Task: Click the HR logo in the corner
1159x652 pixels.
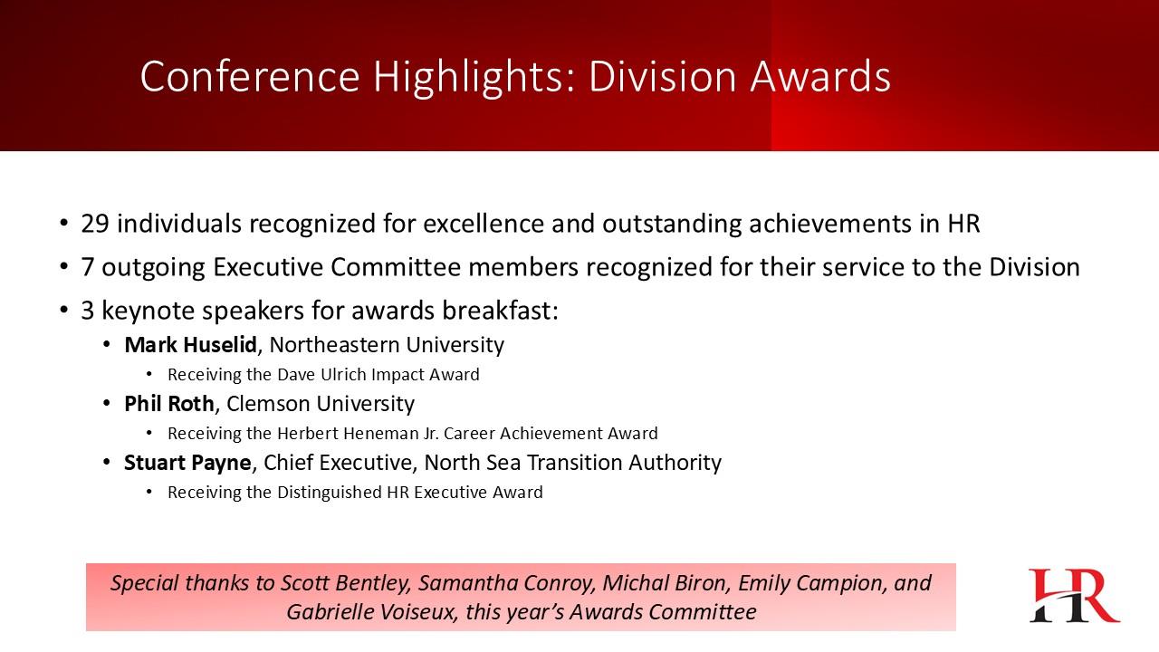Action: tap(1075, 595)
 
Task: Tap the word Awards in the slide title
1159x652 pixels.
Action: tap(820, 77)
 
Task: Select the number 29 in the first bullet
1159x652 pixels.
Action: tap(95, 224)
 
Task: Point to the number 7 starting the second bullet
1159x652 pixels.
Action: tap(87, 267)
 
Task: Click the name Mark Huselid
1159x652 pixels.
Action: tap(190, 345)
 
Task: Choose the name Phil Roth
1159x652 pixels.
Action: tap(169, 404)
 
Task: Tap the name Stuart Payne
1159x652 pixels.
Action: tap(187, 463)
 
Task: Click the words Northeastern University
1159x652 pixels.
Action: tap(387, 345)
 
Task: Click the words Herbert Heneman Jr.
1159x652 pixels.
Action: tap(358, 433)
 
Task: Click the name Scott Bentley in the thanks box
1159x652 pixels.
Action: tap(346, 583)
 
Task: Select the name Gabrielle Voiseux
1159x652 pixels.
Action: tap(371, 612)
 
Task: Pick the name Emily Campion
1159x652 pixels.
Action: tap(809, 584)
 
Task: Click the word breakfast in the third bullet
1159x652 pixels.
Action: tap(500, 311)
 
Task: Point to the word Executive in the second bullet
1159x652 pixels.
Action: tap(268, 267)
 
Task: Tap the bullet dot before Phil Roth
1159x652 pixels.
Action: tap(107, 404)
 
